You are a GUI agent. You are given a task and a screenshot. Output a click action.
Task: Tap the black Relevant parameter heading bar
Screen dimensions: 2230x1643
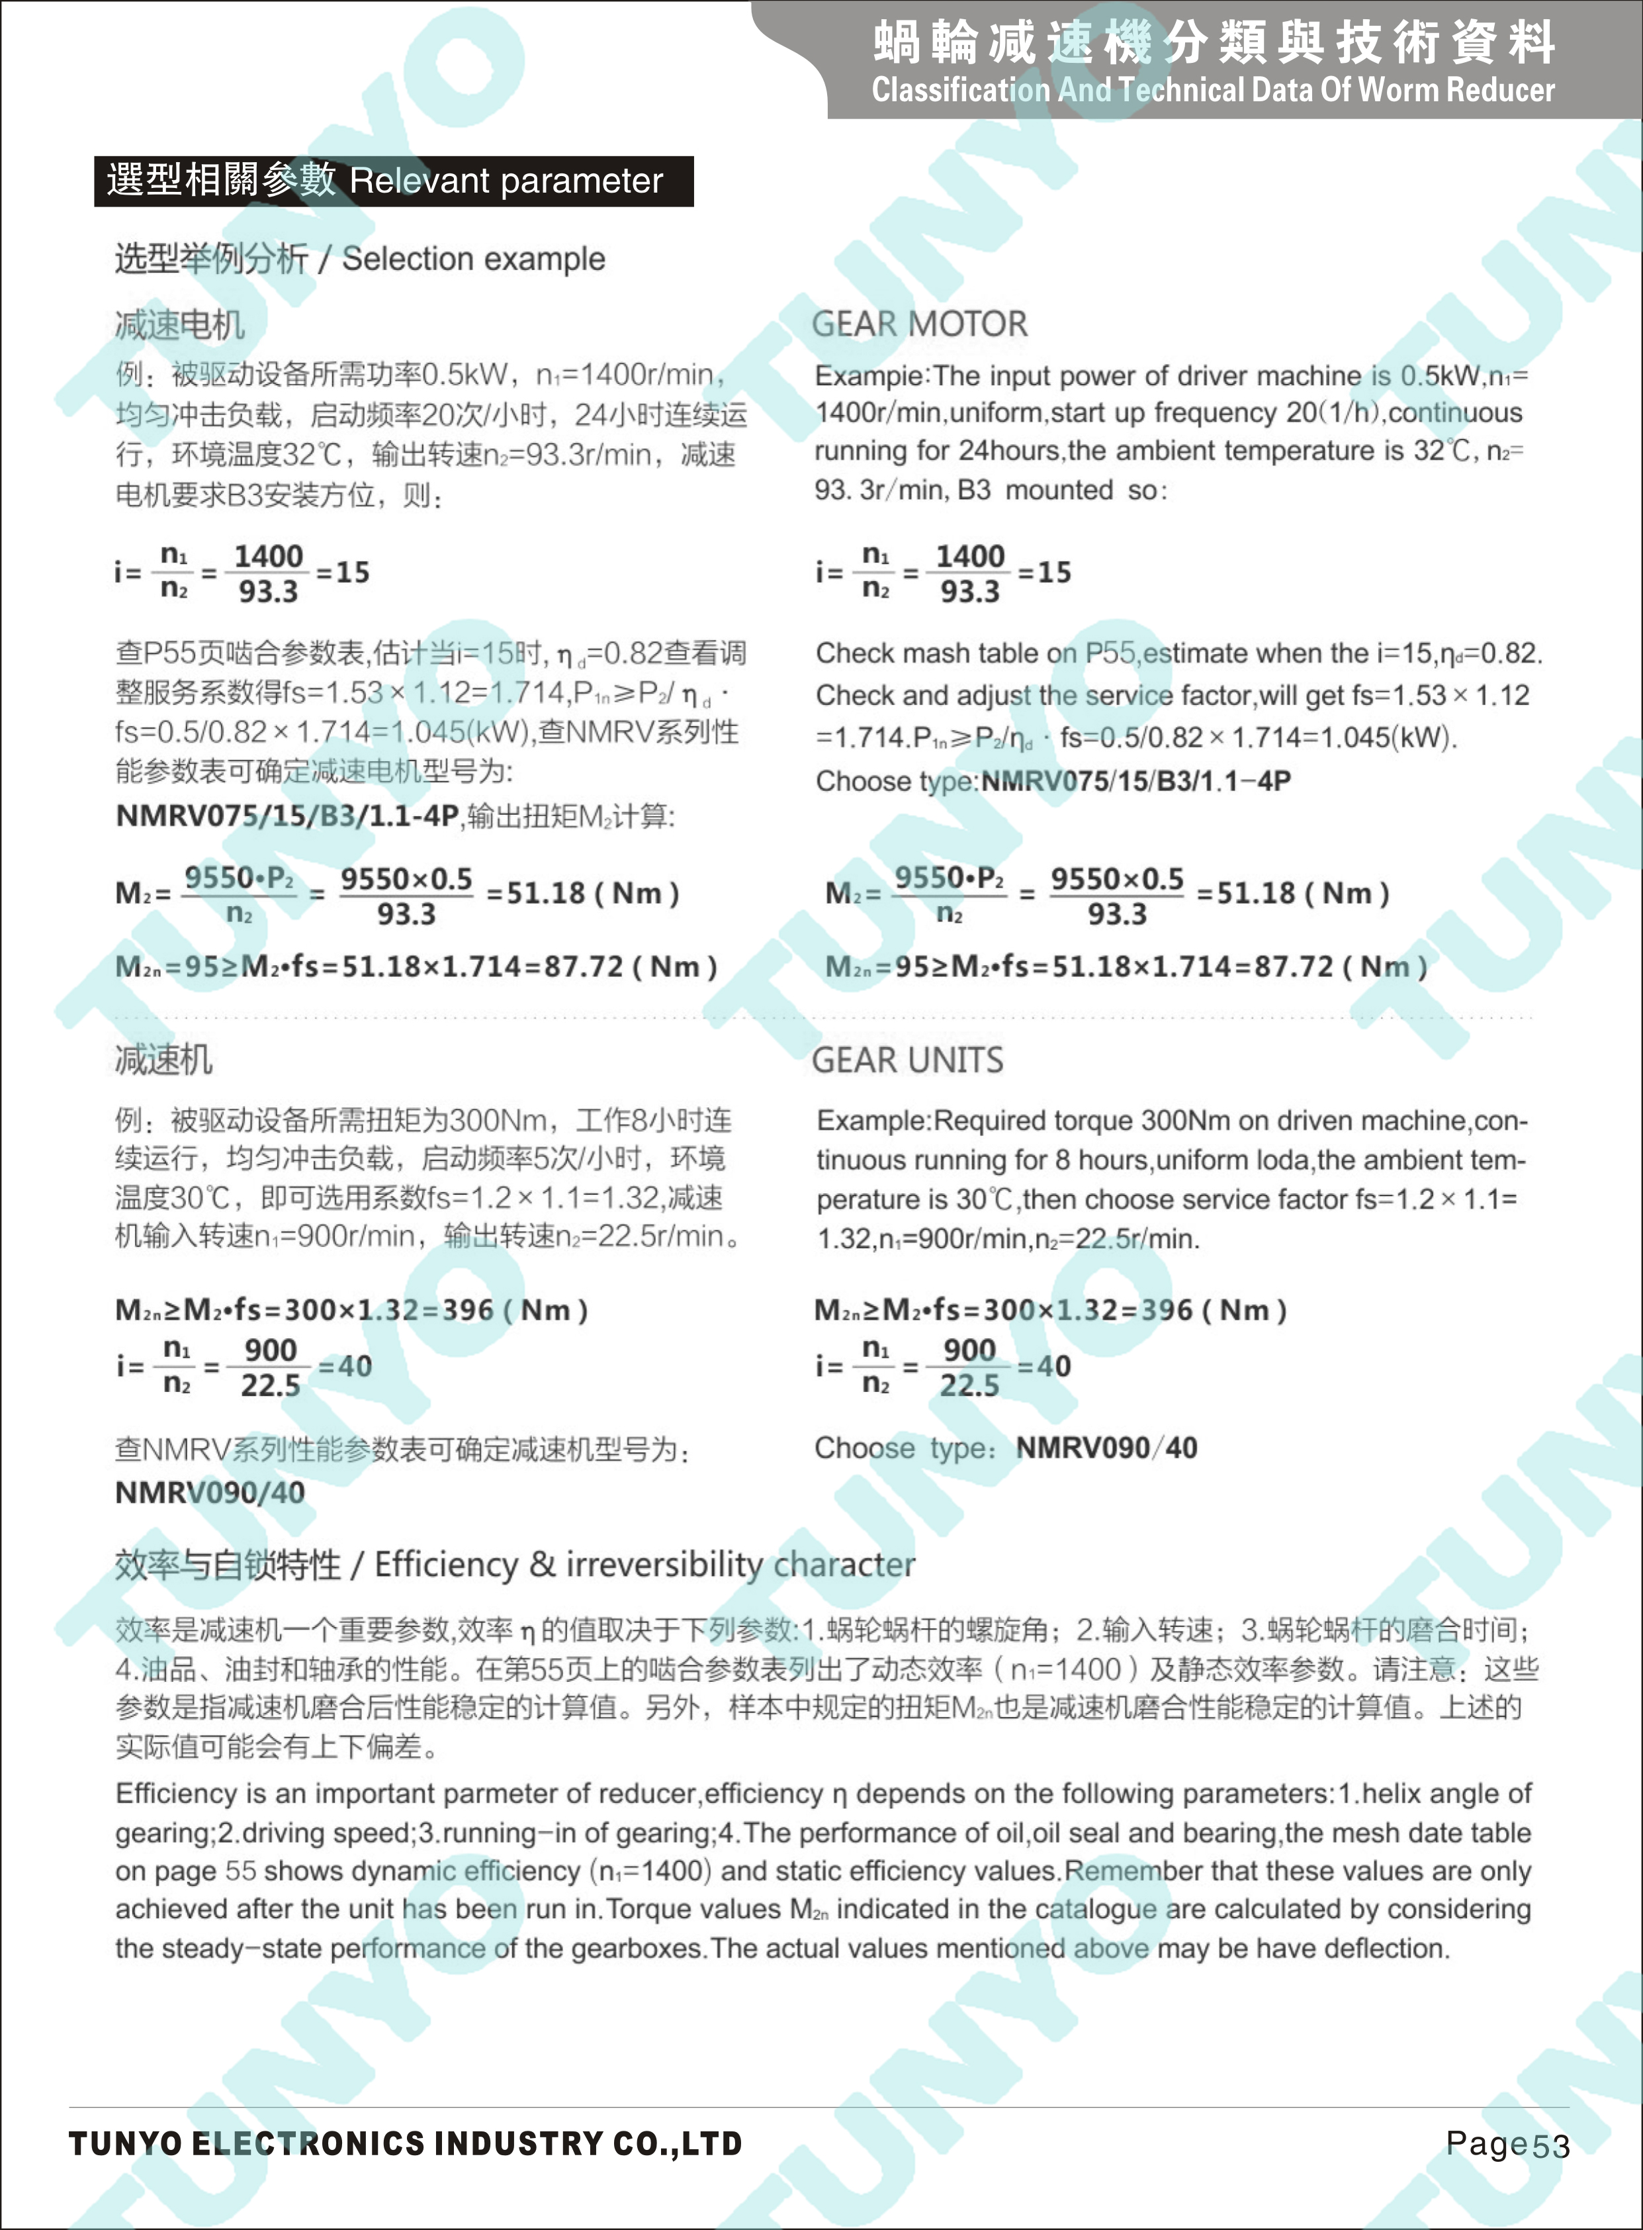(393, 181)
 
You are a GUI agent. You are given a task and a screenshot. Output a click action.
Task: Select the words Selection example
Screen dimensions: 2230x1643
(473, 259)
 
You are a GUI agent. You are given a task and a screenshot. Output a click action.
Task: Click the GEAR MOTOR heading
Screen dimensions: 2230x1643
(919, 324)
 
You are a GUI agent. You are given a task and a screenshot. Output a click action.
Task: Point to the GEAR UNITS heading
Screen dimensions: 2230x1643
(907, 1060)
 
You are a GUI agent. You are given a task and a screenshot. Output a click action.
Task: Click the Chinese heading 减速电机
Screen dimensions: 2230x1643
(179, 324)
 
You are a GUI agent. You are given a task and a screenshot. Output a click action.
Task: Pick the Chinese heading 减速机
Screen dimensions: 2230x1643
(163, 1060)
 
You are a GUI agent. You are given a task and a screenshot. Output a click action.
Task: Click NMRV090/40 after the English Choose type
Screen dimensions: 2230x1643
(1106, 1448)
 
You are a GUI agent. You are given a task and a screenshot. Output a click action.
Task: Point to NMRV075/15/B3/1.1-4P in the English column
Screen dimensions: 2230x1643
(1135, 782)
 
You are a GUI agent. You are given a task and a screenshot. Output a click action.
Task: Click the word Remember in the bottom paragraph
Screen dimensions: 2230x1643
(1133, 1871)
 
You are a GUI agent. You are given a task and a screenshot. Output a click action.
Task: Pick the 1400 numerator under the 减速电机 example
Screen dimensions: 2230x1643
(269, 556)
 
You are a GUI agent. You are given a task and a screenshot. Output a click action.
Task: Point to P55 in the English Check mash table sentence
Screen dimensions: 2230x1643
(1110, 653)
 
